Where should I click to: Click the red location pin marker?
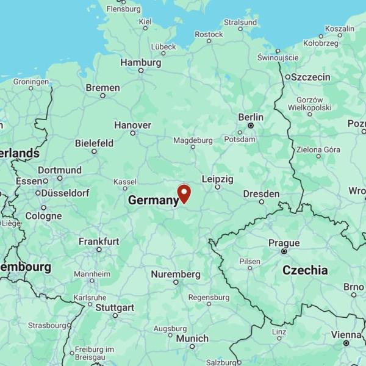(x=184, y=193)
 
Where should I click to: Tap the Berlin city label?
(x=251, y=117)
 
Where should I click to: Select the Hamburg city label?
(x=141, y=63)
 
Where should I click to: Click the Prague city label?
(x=284, y=243)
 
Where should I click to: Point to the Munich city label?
(x=192, y=339)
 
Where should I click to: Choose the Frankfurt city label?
(x=99, y=242)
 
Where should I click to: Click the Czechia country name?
(x=305, y=270)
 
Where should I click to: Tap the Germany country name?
(x=153, y=200)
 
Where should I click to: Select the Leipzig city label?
(x=217, y=179)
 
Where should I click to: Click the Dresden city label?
(x=261, y=194)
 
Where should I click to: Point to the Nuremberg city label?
(x=176, y=274)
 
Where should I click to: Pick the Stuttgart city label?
(x=115, y=307)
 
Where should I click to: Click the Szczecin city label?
(x=310, y=77)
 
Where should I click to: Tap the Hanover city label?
(x=132, y=125)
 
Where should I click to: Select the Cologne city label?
(x=43, y=216)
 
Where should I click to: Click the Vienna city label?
(x=346, y=334)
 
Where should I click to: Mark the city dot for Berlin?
(x=250, y=125)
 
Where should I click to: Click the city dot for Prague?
(x=284, y=251)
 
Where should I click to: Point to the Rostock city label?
(x=209, y=35)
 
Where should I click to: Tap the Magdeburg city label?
(x=193, y=140)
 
